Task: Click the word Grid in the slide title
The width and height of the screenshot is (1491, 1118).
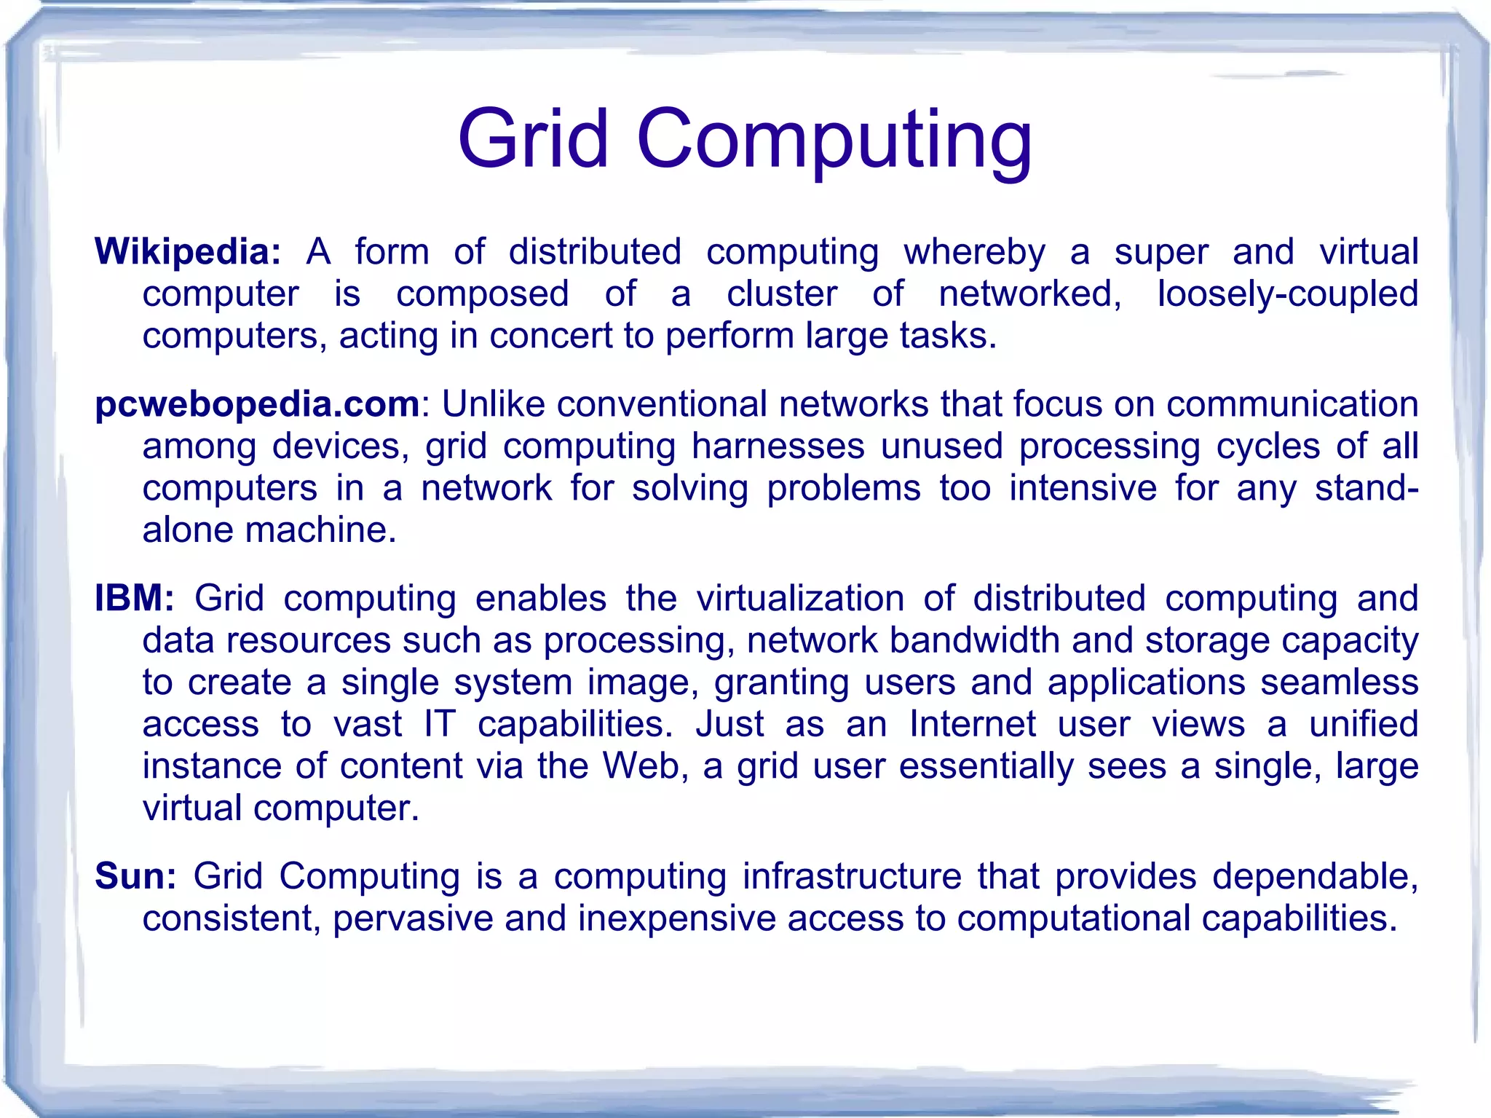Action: pos(533,138)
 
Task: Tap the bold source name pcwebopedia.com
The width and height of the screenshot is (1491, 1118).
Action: pos(257,404)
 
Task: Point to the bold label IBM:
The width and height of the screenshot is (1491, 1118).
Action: pos(135,599)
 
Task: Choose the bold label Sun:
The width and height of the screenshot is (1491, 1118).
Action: pos(135,876)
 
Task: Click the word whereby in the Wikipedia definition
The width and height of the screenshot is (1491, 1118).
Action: pos(974,253)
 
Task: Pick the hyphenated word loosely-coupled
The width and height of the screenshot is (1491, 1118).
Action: pos(1287,295)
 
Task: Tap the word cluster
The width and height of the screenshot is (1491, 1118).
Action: pos(782,294)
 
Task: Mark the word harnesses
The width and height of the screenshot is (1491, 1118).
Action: pos(778,446)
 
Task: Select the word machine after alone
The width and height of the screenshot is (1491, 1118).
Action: pos(320,530)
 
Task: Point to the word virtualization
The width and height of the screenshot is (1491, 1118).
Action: pos(800,599)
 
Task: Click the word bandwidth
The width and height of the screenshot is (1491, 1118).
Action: pos(975,641)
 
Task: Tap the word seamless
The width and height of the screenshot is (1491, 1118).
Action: pos(1340,683)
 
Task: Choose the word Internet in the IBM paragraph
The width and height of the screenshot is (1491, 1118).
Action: pos(972,725)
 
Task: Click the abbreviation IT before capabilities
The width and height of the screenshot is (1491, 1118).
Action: pos(440,725)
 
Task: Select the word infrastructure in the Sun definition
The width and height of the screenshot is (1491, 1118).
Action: pos(852,876)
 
